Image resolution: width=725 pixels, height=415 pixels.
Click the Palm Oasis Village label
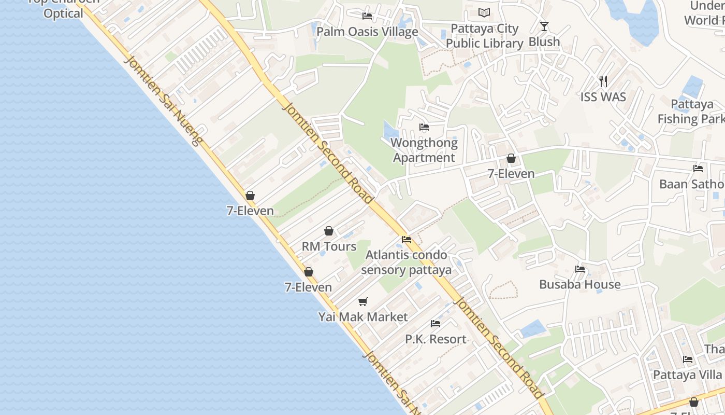pos(367,32)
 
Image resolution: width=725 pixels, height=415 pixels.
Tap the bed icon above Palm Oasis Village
pos(367,16)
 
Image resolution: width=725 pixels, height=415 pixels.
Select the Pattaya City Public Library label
pos(484,36)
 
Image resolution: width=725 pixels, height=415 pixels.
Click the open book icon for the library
pos(484,12)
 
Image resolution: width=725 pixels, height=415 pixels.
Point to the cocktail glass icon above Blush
pos(544,26)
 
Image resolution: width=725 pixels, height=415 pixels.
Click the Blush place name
pos(544,41)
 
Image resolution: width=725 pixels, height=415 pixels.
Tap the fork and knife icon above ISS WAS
pos(603,81)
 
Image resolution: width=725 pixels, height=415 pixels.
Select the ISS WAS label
pos(603,97)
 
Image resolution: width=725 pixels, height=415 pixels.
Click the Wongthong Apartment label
pos(424,150)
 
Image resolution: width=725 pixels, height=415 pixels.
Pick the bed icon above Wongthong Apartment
pos(424,127)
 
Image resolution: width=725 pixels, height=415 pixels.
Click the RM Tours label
pos(329,246)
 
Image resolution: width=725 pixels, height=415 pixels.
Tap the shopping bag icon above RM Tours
pos(329,231)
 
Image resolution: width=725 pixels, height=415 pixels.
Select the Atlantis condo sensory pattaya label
pos(406,262)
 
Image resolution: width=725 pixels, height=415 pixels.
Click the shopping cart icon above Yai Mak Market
pos(363,301)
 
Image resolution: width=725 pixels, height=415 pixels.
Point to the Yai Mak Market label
pos(363,317)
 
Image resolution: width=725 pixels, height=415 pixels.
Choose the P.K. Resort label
pos(436,339)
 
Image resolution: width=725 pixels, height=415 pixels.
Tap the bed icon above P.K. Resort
pos(436,323)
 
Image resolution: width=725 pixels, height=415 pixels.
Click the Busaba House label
pos(579,284)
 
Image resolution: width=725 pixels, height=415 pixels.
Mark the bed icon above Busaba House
pos(580,269)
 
